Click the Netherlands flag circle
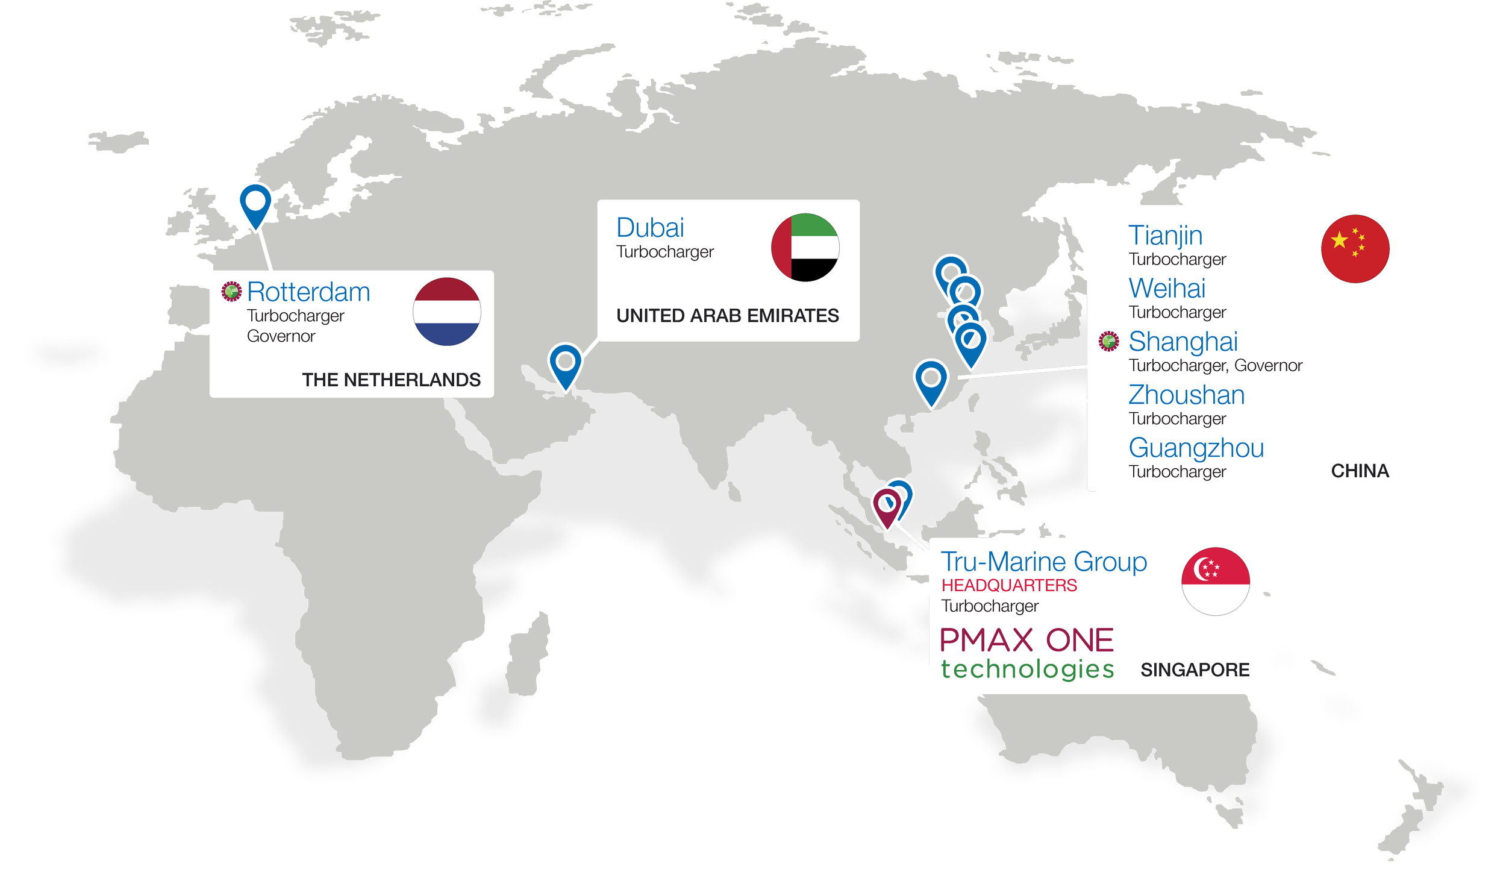point(446,312)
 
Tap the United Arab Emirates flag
point(805,247)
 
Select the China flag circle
point(1355,248)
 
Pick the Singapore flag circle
point(1215,581)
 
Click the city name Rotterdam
point(308,292)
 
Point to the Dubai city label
point(650,228)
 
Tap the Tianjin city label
point(1165,235)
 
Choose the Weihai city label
point(1167,288)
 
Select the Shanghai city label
point(1183,341)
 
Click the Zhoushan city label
point(1186,395)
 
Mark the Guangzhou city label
point(1196,448)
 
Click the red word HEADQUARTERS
point(1009,585)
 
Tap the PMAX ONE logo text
point(1026,640)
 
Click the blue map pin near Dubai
point(565,363)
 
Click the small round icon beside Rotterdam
point(231,292)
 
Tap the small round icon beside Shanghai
point(1108,341)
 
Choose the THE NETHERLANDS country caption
point(391,380)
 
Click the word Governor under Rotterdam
point(281,336)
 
